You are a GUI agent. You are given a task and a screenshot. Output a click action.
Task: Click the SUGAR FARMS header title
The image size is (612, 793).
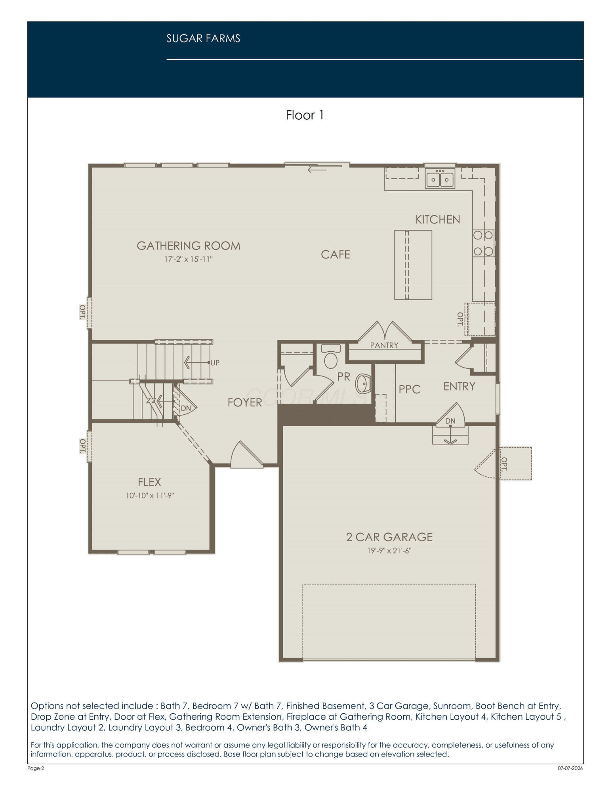click(x=203, y=38)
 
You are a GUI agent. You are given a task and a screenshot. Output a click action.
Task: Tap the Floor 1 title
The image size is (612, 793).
click(x=305, y=115)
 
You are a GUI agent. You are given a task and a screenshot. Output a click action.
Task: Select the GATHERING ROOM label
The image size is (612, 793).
click(x=189, y=246)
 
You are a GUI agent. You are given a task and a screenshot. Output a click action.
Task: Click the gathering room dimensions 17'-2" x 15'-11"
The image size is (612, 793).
click(x=189, y=259)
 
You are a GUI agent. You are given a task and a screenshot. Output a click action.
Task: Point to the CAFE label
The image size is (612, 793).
click(x=336, y=255)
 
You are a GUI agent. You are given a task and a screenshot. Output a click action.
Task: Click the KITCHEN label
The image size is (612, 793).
click(x=438, y=220)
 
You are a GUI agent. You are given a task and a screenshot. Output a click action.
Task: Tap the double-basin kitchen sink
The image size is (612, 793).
click(x=440, y=178)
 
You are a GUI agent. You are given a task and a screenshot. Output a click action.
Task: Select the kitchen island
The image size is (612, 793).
click(x=413, y=265)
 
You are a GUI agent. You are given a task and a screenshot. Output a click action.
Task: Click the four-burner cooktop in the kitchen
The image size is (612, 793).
click(x=483, y=243)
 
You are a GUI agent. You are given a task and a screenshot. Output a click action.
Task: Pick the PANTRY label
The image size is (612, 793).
click(x=384, y=345)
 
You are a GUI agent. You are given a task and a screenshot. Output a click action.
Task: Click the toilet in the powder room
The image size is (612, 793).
click(x=331, y=356)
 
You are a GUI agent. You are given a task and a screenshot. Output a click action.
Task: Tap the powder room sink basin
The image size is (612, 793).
click(x=363, y=384)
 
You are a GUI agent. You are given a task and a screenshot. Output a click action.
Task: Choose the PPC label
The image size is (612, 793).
click(x=410, y=389)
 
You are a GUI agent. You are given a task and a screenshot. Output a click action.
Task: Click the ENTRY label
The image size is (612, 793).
click(x=459, y=386)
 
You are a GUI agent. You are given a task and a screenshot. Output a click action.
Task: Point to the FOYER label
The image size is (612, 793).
click(x=245, y=402)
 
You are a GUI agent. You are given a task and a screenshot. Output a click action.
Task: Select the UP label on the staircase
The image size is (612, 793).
click(x=215, y=363)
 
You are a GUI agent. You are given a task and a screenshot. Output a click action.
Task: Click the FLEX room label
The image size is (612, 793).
click(x=149, y=482)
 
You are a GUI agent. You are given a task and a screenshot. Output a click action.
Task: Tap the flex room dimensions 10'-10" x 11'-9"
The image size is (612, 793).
click(x=150, y=496)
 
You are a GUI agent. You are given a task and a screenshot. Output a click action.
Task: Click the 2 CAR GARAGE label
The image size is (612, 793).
click(x=389, y=537)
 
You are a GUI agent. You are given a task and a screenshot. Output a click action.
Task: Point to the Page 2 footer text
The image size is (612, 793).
click(x=36, y=768)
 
